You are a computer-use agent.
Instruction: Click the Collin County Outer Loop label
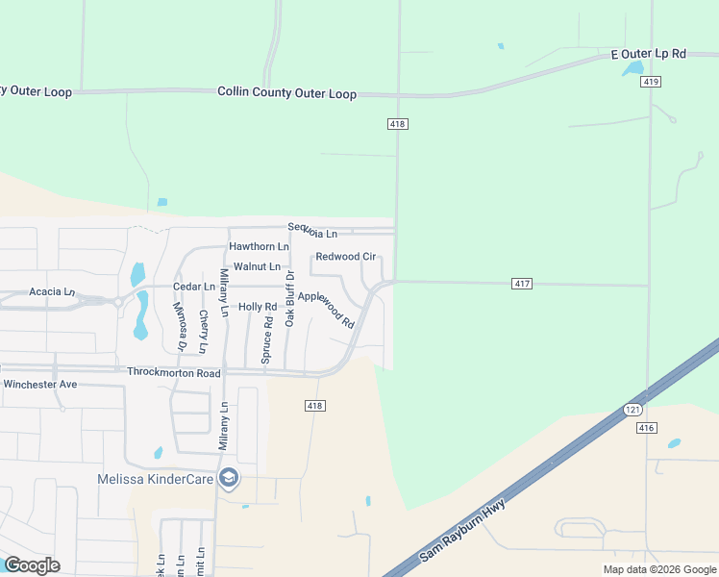click(286, 93)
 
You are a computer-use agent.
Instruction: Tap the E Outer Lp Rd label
click(649, 55)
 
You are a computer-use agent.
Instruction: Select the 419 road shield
click(652, 82)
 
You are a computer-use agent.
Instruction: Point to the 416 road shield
click(645, 427)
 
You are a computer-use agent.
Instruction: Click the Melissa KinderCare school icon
click(229, 478)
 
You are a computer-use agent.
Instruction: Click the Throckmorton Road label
click(173, 372)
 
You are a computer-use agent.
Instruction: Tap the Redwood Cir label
click(345, 257)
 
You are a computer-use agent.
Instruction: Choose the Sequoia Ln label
click(312, 233)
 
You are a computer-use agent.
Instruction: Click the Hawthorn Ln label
click(259, 247)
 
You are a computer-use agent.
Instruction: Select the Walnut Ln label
click(257, 265)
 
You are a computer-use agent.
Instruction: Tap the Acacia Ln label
click(52, 291)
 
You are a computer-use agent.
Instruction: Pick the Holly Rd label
click(257, 307)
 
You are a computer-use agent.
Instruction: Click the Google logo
click(32, 564)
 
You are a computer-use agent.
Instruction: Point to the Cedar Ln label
click(193, 287)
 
